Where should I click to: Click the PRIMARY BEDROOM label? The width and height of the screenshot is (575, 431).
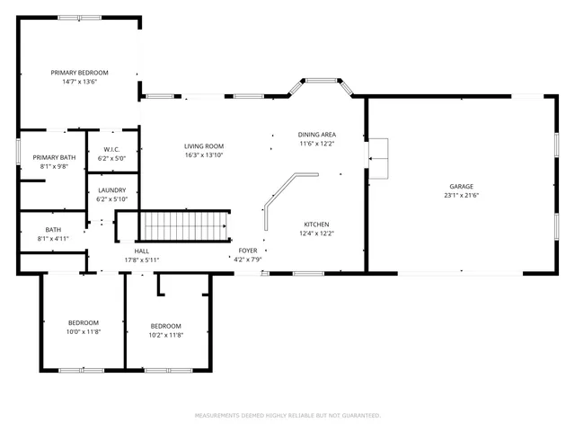tap(79, 73)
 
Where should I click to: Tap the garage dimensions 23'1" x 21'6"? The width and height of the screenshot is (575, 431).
tap(461, 195)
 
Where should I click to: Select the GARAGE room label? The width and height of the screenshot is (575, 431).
tap(461, 186)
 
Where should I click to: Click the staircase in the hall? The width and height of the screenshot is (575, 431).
tap(186, 226)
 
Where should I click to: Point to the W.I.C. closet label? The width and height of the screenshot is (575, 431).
tap(112, 149)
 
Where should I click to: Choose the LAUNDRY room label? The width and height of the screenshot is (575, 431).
tap(112, 190)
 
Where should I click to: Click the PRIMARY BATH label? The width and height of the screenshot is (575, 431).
tap(51, 157)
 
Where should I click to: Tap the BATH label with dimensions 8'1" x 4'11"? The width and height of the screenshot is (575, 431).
tap(53, 239)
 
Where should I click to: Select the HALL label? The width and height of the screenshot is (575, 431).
tap(141, 251)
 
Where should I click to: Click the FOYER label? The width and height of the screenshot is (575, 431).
tap(248, 251)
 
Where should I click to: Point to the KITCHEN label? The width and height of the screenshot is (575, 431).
tap(316, 224)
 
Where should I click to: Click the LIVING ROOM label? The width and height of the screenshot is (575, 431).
tap(204, 146)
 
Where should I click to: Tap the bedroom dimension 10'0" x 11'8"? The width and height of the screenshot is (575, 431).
tap(84, 332)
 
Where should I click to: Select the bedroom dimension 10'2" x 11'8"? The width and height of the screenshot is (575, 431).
tap(165, 335)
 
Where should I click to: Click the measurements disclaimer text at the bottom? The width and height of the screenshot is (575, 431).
tap(287, 415)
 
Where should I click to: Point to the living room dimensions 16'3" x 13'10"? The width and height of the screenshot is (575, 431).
tap(204, 155)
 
